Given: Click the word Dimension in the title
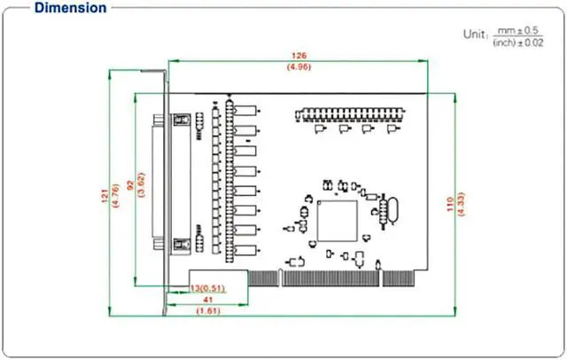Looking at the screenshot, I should (70, 8).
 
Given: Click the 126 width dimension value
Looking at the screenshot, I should (291, 55).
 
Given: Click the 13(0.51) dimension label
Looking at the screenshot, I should (207, 288).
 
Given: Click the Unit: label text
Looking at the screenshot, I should (474, 34).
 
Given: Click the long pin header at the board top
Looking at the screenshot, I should (350, 114).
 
